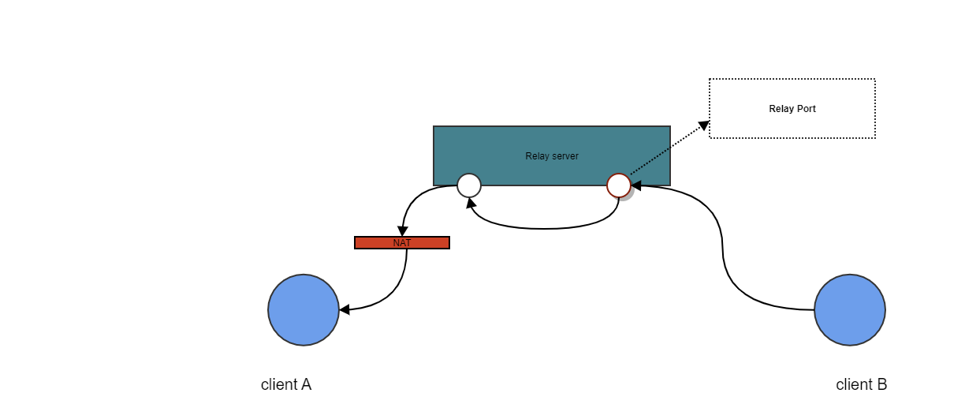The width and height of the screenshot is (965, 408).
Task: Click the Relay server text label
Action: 552,156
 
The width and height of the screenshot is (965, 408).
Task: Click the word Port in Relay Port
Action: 806,109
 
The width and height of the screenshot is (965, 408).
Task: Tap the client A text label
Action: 286,385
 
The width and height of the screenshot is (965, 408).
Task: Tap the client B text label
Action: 861,385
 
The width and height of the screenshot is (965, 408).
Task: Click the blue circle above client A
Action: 304,310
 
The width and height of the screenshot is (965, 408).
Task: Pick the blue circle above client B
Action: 849,310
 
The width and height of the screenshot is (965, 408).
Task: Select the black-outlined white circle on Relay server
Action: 469,185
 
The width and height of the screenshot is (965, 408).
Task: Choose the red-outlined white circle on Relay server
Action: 619,185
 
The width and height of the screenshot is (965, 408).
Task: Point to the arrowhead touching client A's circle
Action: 344,309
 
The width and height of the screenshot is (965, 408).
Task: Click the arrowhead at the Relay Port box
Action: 703,125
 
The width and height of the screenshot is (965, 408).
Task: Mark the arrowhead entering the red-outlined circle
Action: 636,185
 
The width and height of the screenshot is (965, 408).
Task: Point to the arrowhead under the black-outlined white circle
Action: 471,203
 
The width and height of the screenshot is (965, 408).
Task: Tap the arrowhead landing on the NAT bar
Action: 402,232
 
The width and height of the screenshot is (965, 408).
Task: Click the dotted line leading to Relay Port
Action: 666,150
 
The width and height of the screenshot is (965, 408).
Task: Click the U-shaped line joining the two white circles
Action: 544,228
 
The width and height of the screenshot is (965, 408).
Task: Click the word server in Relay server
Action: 564,156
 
